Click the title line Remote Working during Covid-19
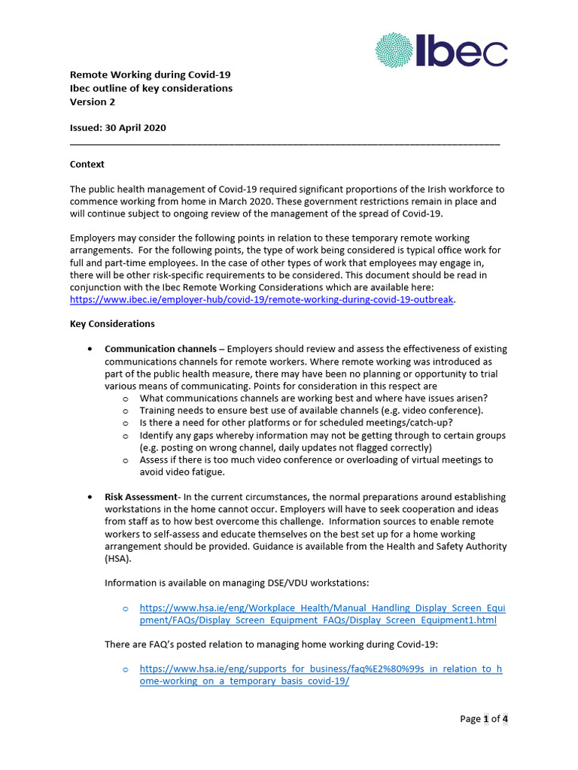150,74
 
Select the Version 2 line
93,102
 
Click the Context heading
87,164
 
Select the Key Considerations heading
112,324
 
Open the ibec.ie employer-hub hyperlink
262,299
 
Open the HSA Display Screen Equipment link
322,614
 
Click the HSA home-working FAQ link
321,675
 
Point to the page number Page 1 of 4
484,719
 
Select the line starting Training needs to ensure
311,411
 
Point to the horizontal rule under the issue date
284,142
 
